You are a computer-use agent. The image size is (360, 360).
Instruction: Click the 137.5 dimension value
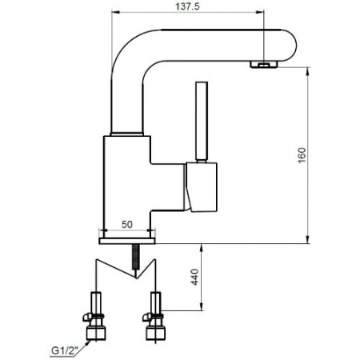pos(187,6)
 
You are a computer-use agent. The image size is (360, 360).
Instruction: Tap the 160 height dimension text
pos(302,155)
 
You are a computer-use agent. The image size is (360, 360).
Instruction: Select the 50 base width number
pos(127,225)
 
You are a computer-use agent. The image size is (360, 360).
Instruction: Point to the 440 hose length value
pos(195,277)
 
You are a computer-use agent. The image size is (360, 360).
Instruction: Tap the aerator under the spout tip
pos(264,64)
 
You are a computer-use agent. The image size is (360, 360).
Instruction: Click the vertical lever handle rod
pos(202,122)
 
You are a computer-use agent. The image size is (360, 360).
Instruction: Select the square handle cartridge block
pos(202,187)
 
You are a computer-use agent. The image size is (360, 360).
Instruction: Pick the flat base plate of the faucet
pos(127,241)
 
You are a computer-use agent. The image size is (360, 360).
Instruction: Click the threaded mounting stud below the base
pos(136,257)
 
